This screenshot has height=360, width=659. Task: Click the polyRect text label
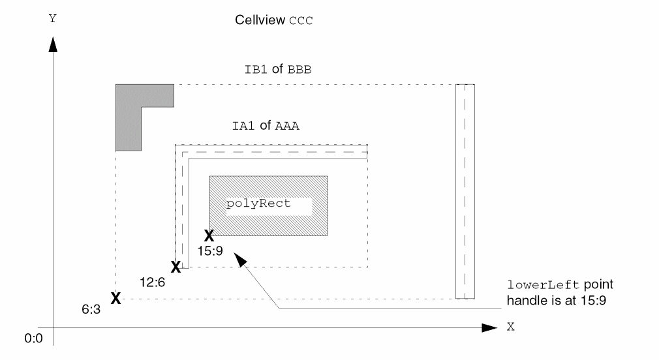point(258,203)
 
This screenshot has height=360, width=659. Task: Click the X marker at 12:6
point(175,267)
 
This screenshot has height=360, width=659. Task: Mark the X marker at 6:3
point(115,299)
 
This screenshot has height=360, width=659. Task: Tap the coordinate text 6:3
point(91,312)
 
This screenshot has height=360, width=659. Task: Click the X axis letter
point(510,327)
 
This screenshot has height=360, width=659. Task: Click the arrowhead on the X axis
point(489,327)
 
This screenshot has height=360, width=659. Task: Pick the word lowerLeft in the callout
point(533,286)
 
